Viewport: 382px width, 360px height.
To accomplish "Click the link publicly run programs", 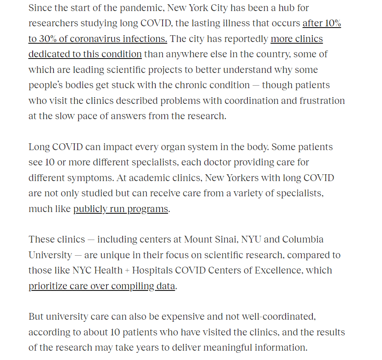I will point(121,209).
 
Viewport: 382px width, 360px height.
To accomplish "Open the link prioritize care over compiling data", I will point(102,286).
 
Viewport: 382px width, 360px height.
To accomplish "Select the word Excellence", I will point(276,271).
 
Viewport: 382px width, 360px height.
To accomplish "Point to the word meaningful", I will point(231,348).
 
